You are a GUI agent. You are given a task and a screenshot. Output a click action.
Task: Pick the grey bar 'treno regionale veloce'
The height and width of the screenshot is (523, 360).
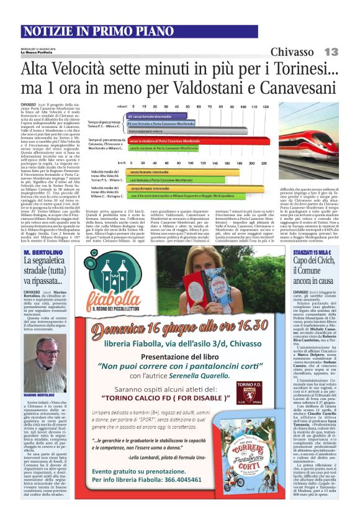click(x=148, y=132)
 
